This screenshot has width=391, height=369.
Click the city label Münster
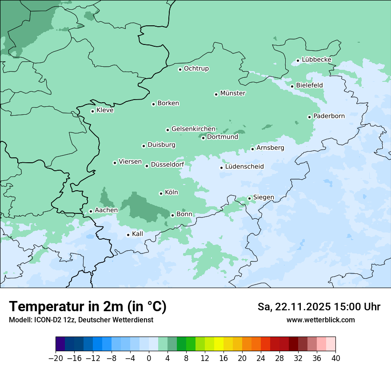pyautogui.click(x=233, y=93)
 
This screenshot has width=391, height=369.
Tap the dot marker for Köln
pyautogui.click(x=161, y=193)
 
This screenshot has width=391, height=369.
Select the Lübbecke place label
pyautogui.click(x=316, y=60)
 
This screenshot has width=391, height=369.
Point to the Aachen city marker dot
pyautogui.click(x=91, y=212)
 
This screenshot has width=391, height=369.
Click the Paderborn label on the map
pyautogui.click(x=329, y=116)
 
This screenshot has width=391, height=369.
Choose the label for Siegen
pyautogui.click(x=263, y=197)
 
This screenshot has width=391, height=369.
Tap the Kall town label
pyautogui.click(x=138, y=234)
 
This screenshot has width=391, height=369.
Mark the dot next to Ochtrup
pyautogui.click(x=180, y=69)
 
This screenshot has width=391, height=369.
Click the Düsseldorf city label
pyautogui.click(x=168, y=164)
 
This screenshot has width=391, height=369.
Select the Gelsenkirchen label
pyautogui.click(x=193, y=129)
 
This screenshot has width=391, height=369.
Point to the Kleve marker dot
pyautogui.click(x=92, y=111)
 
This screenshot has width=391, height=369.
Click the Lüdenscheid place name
pyautogui.click(x=244, y=167)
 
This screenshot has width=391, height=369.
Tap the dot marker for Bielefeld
pyautogui.click(x=292, y=86)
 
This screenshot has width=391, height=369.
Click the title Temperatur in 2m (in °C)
pyautogui.click(x=88, y=307)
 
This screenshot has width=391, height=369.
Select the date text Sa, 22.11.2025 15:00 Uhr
pyautogui.click(x=319, y=307)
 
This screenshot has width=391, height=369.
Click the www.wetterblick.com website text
pyautogui.click(x=320, y=320)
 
